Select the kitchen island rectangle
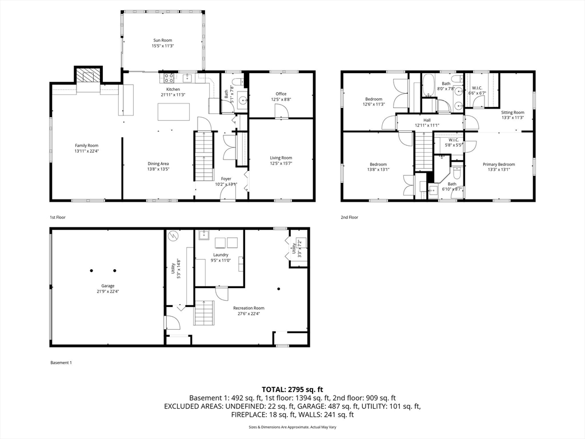(173, 112)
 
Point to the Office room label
(281, 94)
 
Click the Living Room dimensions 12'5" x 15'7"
(281, 163)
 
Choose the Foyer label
(226, 179)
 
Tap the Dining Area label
(158, 163)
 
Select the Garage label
(108, 286)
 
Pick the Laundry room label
(221, 255)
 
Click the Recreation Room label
(249, 308)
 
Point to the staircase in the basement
(204, 313)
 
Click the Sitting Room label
(512, 113)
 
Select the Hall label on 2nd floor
(427, 120)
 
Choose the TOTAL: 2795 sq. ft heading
(292, 389)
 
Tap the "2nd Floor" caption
(350, 217)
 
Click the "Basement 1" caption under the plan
(61, 362)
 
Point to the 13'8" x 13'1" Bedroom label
(378, 165)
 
